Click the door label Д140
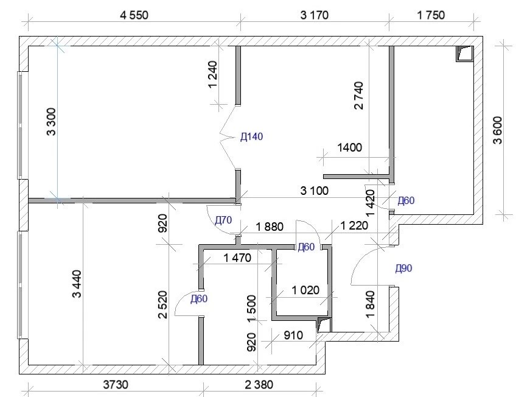tap(252, 136)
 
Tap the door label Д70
tap(223, 220)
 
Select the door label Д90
tap(403, 269)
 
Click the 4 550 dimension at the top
tap(134, 15)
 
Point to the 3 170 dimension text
tap(314, 15)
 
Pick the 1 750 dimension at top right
tap(431, 15)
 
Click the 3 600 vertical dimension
tap(498, 130)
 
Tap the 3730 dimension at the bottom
tap(116, 384)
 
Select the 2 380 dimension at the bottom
tap(259, 384)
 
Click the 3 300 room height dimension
tap(52, 122)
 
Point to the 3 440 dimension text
tap(76, 284)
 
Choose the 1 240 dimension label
tap(213, 75)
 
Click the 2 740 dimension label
tap(358, 96)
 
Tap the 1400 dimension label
tap(349, 147)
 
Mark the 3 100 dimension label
tap(314, 190)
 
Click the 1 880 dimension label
tap(269, 227)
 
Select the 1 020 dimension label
tap(305, 290)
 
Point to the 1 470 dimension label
tap(237, 258)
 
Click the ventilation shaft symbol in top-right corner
tap(465, 54)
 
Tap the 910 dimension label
tap(293, 335)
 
